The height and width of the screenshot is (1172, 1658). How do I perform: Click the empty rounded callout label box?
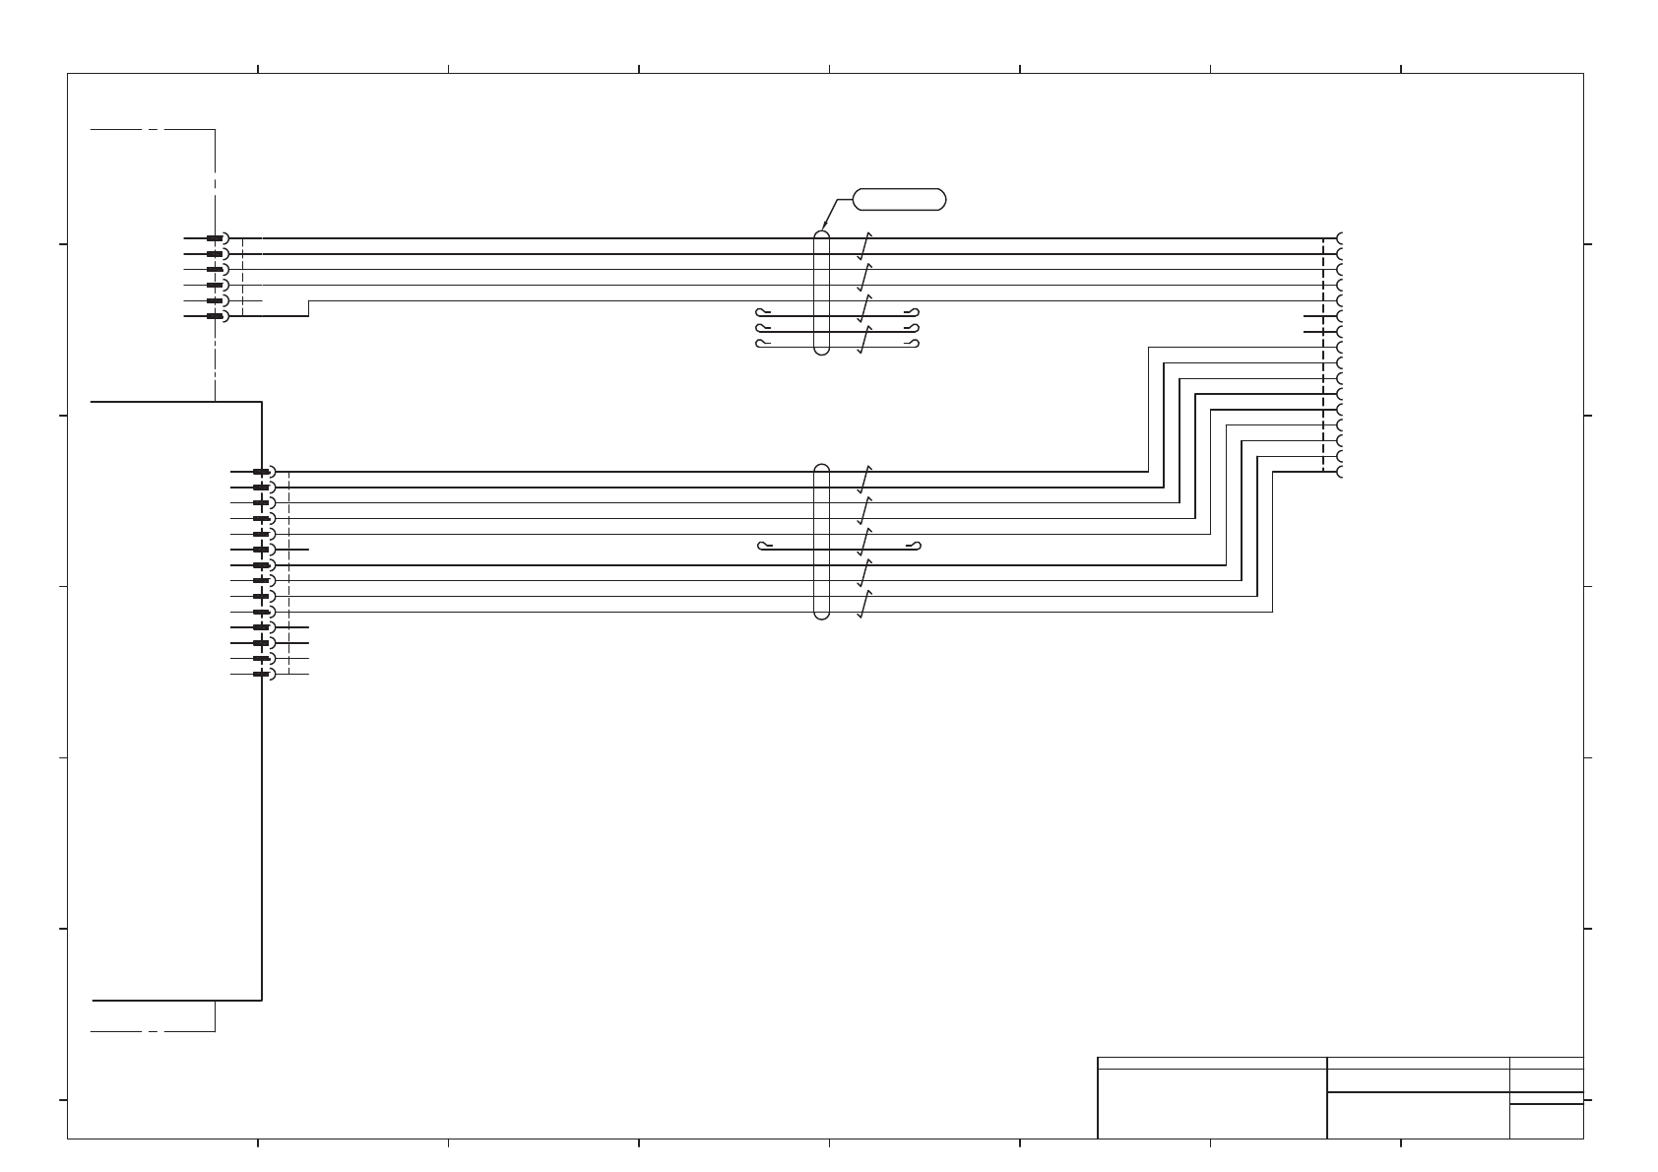click(x=899, y=199)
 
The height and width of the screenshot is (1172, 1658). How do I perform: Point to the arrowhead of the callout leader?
click(x=822, y=229)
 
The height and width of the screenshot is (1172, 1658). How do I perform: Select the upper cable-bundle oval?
click(x=822, y=293)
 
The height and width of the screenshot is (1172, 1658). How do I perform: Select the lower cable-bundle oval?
click(x=822, y=542)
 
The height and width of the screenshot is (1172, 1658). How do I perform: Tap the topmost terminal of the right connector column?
click(x=1341, y=238)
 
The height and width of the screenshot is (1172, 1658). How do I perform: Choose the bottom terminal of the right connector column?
click(x=1341, y=473)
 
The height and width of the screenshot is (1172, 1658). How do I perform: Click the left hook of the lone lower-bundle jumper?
click(x=762, y=546)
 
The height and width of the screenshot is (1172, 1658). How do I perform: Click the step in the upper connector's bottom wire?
click(x=309, y=308)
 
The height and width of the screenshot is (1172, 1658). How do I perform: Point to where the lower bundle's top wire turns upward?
click(x=1148, y=472)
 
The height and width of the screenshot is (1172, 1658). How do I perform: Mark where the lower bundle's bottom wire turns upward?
click(x=1272, y=612)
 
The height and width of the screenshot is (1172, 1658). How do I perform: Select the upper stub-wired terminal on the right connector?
click(x=1341, y=317)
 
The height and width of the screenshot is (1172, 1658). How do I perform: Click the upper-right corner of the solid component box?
click(x=262, y=402)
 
